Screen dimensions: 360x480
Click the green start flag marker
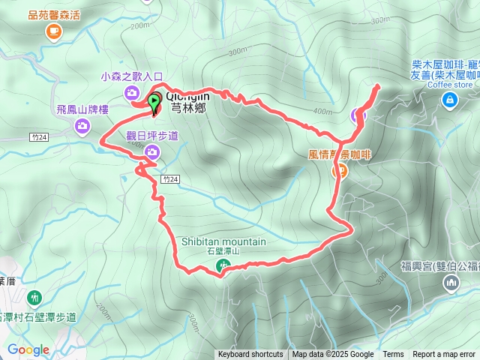click(x=154, y=102)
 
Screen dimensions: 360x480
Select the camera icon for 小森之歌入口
click(x=132, y=92)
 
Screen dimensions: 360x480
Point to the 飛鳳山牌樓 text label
click(x=82, y=109)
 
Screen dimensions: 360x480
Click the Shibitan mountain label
click(x=223, y=241)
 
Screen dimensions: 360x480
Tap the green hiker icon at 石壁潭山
click(x=223, y=265)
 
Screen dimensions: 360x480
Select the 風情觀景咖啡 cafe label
click(x=340, y=154)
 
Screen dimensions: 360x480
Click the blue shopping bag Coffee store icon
click(x=448, y=101)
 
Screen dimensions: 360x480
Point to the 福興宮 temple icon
click(x=451, y=283)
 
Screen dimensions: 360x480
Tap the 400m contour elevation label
click(x=323, y=112)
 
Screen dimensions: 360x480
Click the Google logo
click(x=28, y=349)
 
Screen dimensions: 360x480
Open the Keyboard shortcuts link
click(x=250, y=355)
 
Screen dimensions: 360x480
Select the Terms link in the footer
click(x=393, y=355)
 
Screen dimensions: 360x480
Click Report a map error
click(x=445, y=355)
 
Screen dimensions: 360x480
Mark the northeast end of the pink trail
click(x=377, y=86)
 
